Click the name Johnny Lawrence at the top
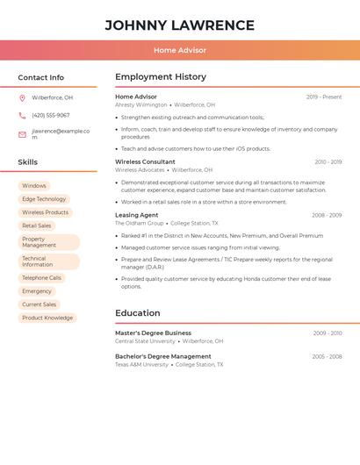[179, 25]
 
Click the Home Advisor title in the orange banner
[179, 50]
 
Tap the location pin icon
[22, 98]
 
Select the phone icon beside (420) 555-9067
[22, 116]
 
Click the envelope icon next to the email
[22, 134]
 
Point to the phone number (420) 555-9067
[51, 116]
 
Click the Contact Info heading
[40, 77]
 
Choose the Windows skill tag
[34, 186]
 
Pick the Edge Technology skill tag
[44, 199]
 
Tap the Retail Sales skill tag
[37, 225]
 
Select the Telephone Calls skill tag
[41, 278]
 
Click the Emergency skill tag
[37, 291]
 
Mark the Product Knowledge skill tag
[47, 318]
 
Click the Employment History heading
[161, 77]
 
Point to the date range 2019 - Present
[324, 97]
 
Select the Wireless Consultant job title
[145, 162]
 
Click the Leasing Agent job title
[137, 215]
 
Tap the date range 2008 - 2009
[327, 215]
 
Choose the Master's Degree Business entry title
[153, 333]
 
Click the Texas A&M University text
[141, 364]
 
